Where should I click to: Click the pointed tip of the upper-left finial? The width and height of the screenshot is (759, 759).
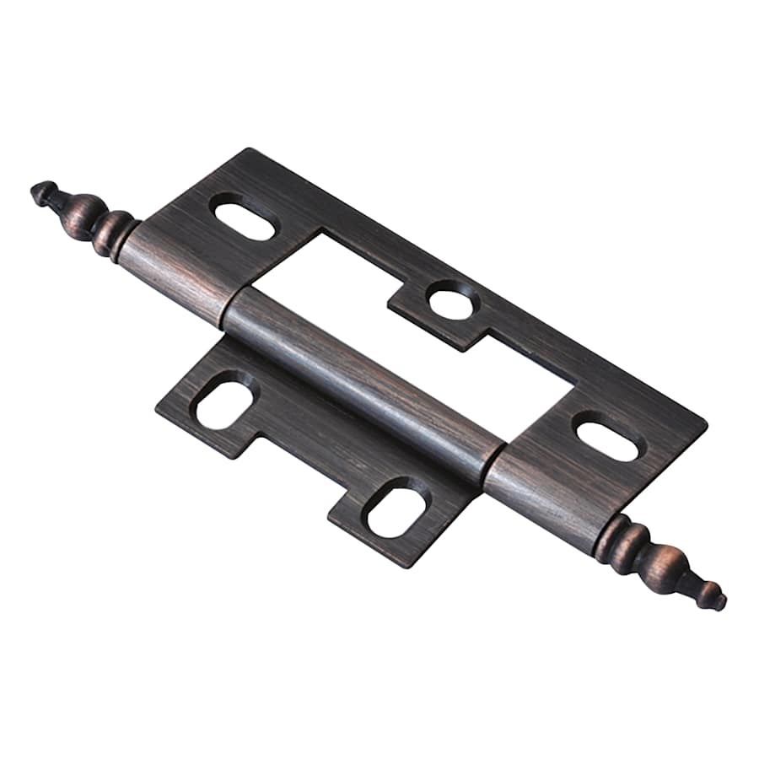click(37, 192)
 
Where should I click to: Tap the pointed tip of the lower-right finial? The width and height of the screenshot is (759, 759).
click(719, 601)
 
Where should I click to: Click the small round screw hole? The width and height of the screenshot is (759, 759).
click(450, 300)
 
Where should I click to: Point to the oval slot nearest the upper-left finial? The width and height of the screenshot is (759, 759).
click(244, 217)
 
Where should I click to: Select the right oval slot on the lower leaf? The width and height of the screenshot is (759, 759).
click(397, 506)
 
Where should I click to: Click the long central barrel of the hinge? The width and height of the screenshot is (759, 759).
click(363, 371)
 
